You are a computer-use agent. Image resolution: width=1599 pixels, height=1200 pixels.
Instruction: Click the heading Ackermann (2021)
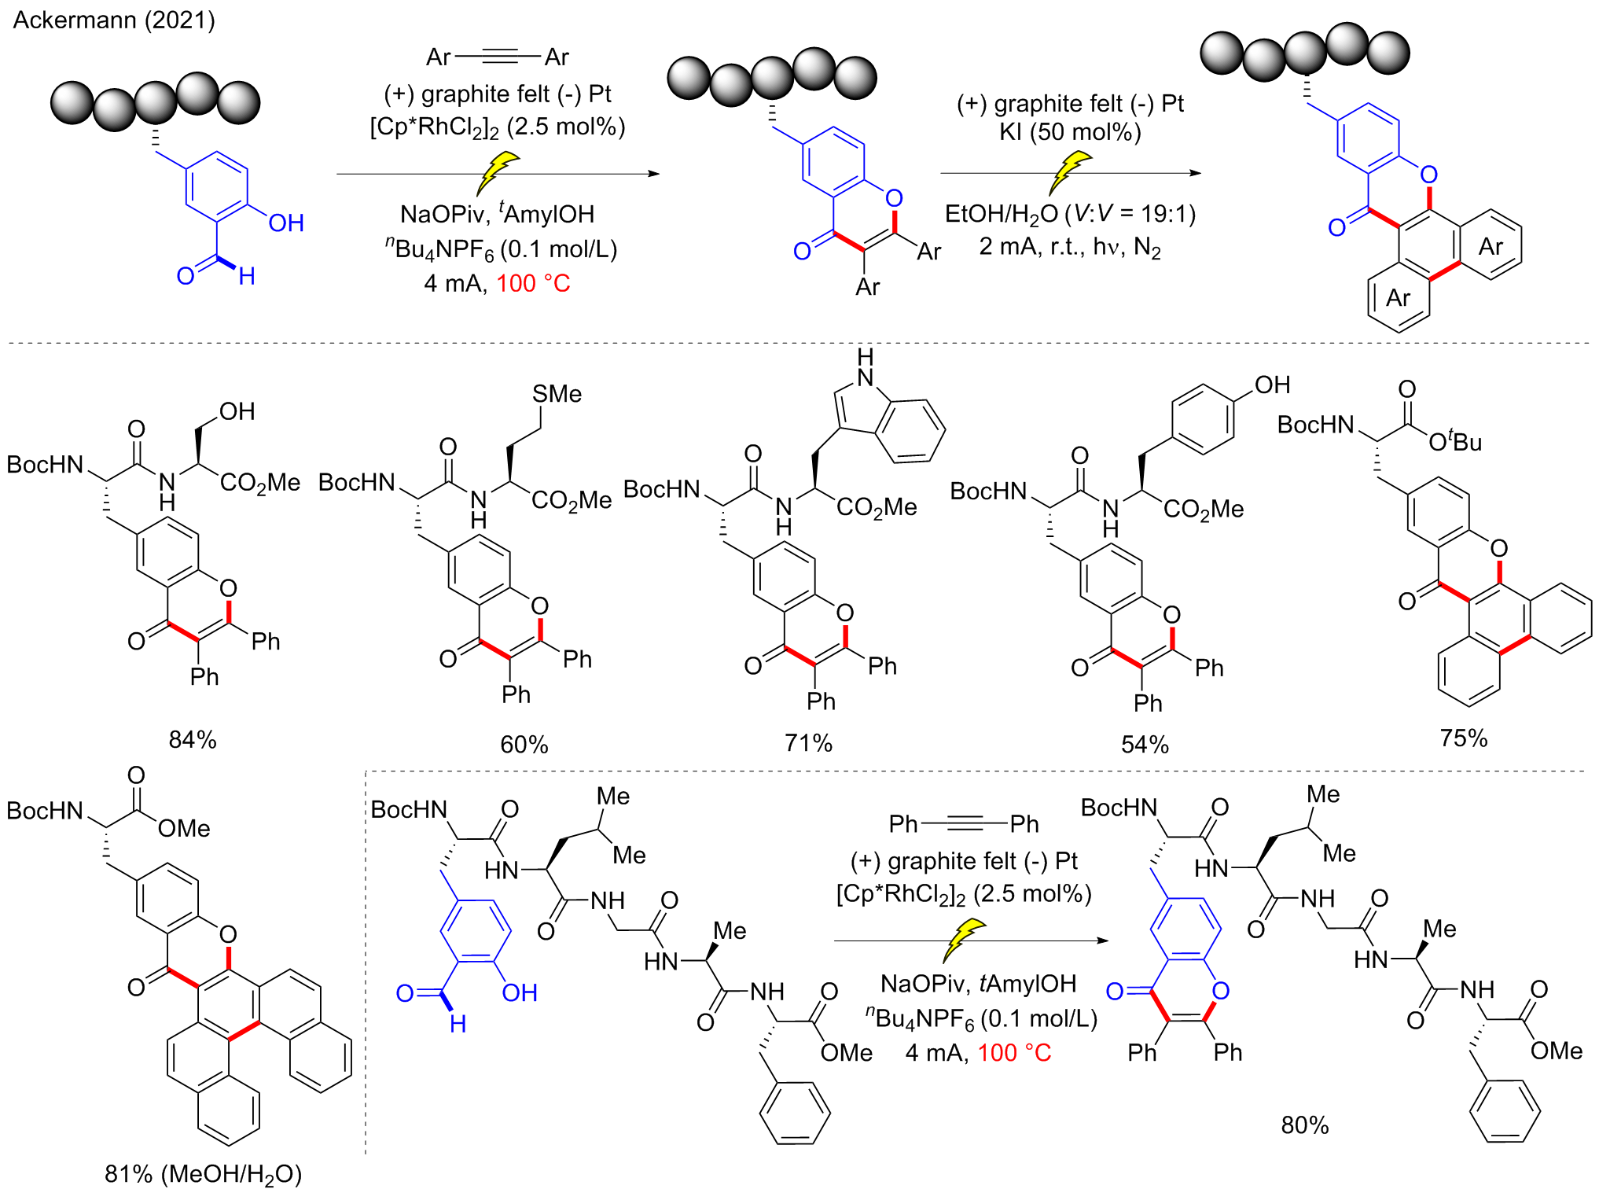[x=114, y=20]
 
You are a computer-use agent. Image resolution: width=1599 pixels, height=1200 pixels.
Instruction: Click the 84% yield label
[x=193, y=739]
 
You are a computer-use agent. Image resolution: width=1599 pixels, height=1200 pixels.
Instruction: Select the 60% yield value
[x=524, y=744]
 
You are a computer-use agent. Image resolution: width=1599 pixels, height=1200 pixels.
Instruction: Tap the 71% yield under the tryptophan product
[x=808, y=742]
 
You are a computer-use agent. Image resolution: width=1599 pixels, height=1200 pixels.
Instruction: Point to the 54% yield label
[x=1145, y=744]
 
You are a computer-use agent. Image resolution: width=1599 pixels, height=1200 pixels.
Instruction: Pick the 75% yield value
[x=1464, y=738]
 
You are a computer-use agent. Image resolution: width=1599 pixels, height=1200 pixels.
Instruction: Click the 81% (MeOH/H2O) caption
[x=203, y=1174]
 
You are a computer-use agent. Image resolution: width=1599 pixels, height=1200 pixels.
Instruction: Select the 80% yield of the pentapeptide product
[x=1305, y=1125]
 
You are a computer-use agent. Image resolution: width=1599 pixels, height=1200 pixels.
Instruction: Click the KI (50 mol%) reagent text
[x=1070, y=132]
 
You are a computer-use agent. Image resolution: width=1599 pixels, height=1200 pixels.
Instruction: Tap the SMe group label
[x=557, y=393]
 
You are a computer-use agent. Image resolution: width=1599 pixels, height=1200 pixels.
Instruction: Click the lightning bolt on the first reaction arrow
[x=498, y=172]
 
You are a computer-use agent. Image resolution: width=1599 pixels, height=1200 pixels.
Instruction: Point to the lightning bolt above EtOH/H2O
[x=1070, y=172]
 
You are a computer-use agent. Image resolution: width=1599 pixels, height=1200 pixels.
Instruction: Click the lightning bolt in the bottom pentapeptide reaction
[x=964, y=940]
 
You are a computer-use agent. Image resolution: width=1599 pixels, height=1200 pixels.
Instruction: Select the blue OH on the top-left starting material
[x=285, y=223]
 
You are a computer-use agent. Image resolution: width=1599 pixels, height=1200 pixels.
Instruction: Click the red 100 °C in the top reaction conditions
[x=533, y=283]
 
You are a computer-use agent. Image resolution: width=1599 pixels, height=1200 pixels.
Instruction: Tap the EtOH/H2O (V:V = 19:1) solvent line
[x=1070, y=214]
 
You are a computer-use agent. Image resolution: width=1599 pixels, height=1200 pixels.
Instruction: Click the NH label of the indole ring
[x=866, y=368]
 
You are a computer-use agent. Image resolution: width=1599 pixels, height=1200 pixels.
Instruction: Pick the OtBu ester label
[x=1455, y=441]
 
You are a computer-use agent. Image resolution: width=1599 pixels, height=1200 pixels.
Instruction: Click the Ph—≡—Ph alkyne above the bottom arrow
[x=964, y=824]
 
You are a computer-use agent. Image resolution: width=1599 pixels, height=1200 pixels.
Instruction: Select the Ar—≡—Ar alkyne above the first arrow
[x=498, y=57]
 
